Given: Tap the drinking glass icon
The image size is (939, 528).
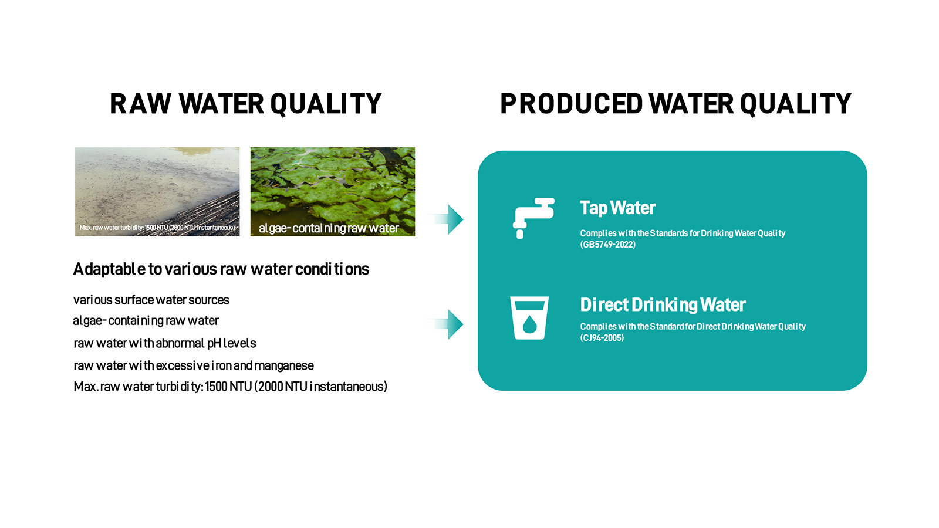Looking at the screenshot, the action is click(529, 317).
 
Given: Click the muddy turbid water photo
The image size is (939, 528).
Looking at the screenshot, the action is click(157, 191).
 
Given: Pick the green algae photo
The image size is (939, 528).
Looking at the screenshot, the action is click(332, 191).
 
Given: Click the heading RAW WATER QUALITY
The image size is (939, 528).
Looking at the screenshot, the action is click(246, 104).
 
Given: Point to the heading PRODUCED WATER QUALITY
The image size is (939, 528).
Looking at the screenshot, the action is click(675, 104).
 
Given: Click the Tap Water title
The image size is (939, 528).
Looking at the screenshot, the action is click(617, 208).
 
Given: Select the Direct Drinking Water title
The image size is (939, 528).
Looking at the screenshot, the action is click(663, 305).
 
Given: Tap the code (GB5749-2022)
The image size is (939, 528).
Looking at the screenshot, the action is click(608, 245).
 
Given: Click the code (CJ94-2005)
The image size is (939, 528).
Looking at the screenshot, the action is click(602, 338).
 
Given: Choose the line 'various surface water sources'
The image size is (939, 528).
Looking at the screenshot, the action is click(151, 300).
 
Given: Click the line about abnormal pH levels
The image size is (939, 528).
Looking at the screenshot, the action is click(165, 343).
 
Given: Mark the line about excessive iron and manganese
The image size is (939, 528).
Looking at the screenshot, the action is click(194, 366).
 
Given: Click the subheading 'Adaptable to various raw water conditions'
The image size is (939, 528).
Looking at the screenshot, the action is click(221, 269).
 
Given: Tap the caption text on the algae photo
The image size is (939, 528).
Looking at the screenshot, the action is click(329, 228).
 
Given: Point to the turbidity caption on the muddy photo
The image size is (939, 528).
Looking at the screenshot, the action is click(158, 228).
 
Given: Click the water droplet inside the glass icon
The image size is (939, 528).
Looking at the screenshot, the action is click(529, 324).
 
